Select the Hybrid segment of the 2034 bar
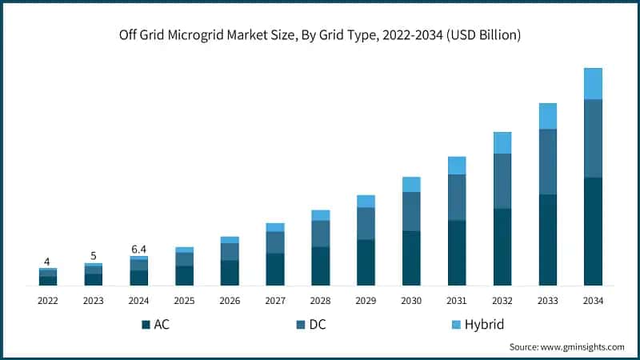(x=593, y=83)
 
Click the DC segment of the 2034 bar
(x=593, y=138)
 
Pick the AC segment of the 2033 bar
(x=547, y=239)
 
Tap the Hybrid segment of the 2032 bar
(x=502, y=142)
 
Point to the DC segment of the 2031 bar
(x=457, y=197)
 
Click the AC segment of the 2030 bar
(x=411, y=258)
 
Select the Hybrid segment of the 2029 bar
(x=366, y=201)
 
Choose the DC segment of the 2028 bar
(x=321, y=233)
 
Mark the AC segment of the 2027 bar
(x=275, y=269)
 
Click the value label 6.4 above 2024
(x=139, y=250)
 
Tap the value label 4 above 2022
(x=47, y=262)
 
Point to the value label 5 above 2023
(x=94, y=256)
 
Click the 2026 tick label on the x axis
(x=230, y=300)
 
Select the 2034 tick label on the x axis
(x=593, y=300)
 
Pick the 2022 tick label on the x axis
(x=48, y=300)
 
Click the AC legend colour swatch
(x=146, y=324)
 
